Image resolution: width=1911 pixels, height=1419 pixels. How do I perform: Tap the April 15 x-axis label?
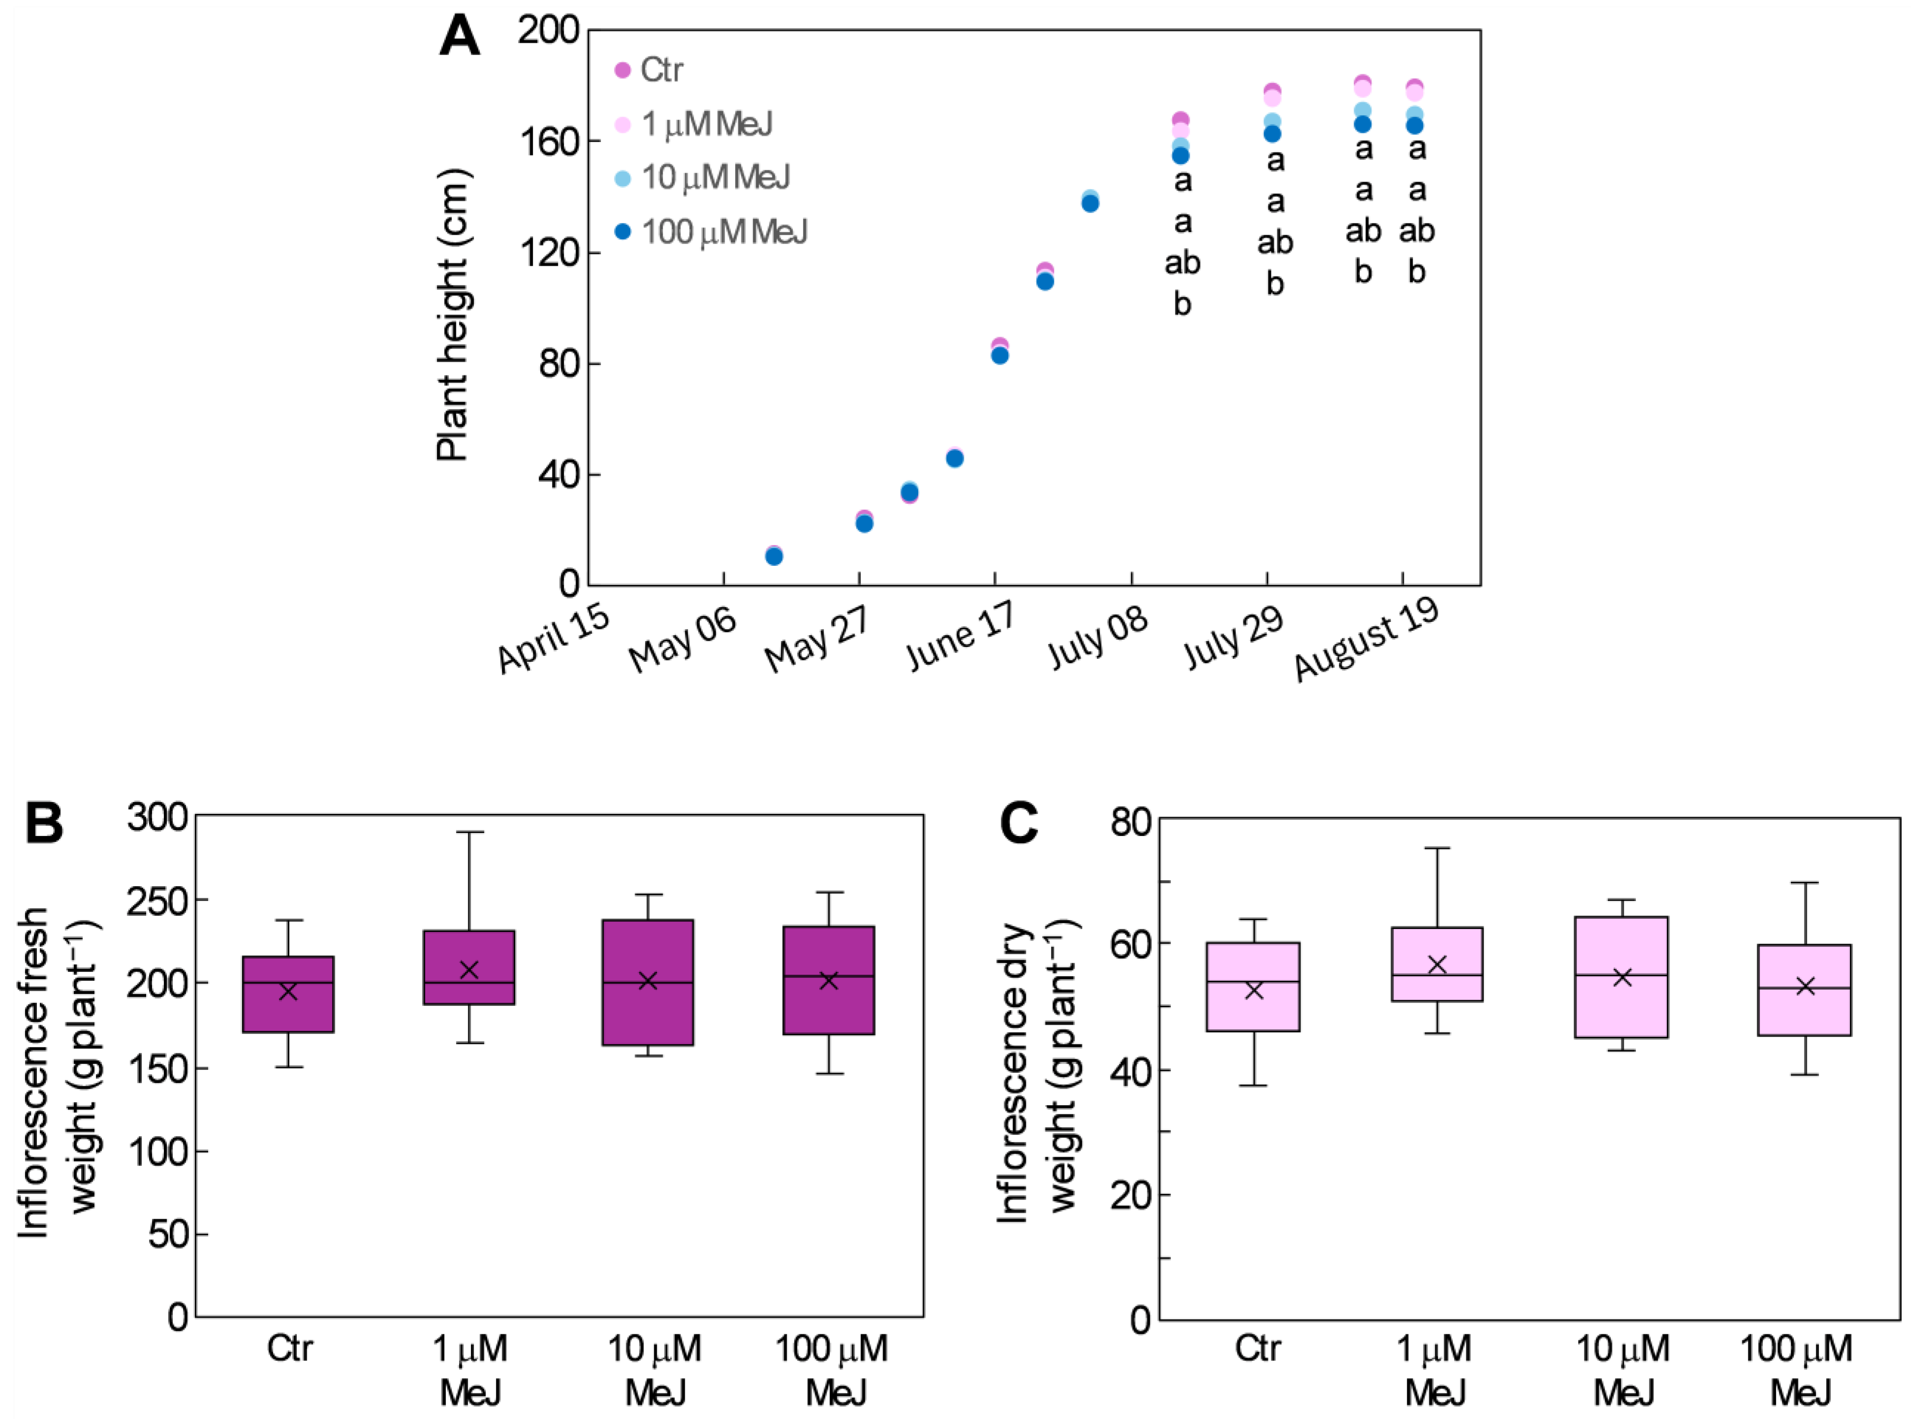coord(554,640)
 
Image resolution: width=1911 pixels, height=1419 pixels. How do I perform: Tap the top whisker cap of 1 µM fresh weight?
coord(469,832)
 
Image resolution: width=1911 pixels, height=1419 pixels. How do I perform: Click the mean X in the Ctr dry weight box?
coord(1254,990)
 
